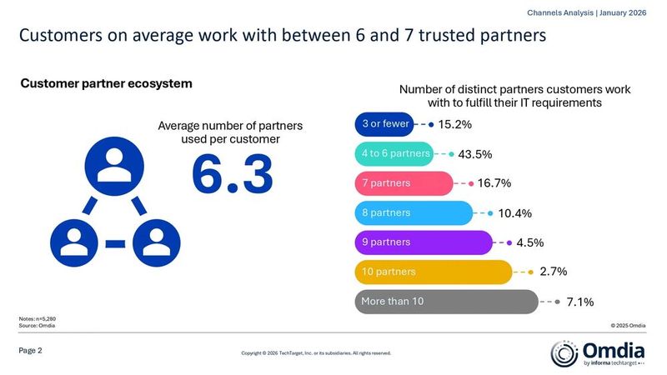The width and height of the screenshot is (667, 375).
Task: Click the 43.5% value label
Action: pos(475,154)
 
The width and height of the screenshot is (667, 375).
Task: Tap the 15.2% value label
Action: pos(454,125)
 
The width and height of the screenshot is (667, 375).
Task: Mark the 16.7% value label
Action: pos(494,183)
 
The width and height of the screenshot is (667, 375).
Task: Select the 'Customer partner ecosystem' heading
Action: pos(106,83)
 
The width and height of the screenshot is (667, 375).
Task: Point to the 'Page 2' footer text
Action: pos(31,351)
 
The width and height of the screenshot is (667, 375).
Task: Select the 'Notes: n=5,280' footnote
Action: pos(37,319)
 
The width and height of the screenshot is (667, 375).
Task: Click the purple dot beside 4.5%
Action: pos(509,242)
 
